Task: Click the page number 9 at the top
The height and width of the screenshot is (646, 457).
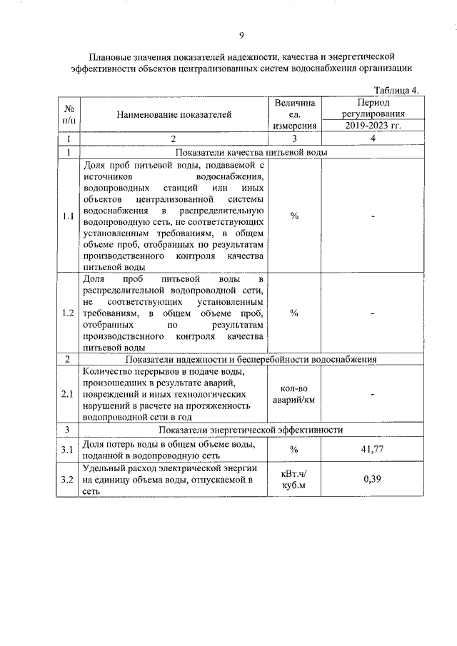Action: coord(241,36)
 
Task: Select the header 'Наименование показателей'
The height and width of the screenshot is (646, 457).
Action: coord(175,114)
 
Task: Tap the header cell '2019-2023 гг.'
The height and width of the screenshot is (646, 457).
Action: coord(373,126)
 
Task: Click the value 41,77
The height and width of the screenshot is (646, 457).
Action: coord(373,449)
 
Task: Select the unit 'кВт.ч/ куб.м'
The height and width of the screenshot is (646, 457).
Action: coord(293,478)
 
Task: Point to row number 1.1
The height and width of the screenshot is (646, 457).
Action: coord(67,216)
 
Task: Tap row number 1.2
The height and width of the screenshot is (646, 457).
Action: coord(67,313)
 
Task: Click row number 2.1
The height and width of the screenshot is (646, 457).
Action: coord(67,393)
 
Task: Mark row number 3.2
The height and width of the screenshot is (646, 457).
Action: coord(67,478)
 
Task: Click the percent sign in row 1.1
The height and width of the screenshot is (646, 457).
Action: coord(293,216)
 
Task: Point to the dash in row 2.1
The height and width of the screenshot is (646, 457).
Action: coord(373,393)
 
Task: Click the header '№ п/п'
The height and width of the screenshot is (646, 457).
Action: coord(69,114)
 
